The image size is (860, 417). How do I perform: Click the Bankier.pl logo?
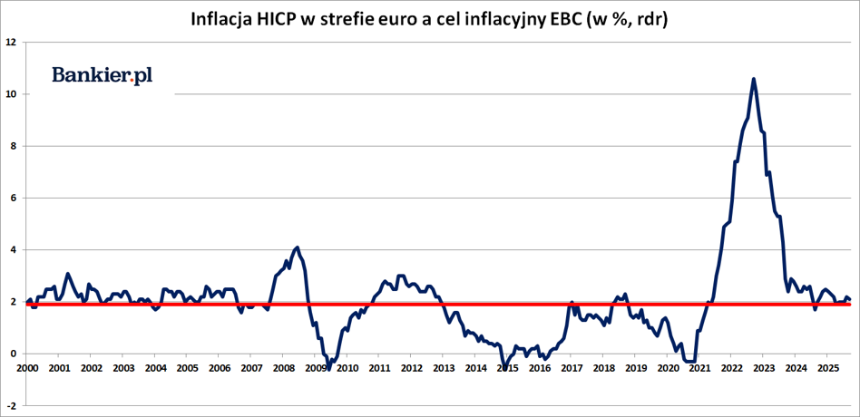pyautogui.click(x=102, y=76)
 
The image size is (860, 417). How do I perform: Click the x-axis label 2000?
pyautogui.click(x=27, y=368)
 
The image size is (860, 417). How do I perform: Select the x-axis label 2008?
pyautogui.click(x=283, y=368)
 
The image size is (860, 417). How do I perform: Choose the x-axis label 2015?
pyautogui.click(x=507, y=368)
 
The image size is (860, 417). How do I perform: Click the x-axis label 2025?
pyautogui.click(x=827, y=368)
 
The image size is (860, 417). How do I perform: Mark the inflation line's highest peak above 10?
pyautogui.click(x=754, y=79)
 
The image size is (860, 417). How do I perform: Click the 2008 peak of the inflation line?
pyautogui.click(x=298, y=247)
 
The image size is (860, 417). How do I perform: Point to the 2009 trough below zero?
pyautogui.click(x=328, y=367)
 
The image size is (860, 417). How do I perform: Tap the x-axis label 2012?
pyautogui.click(x=411, y=368)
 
